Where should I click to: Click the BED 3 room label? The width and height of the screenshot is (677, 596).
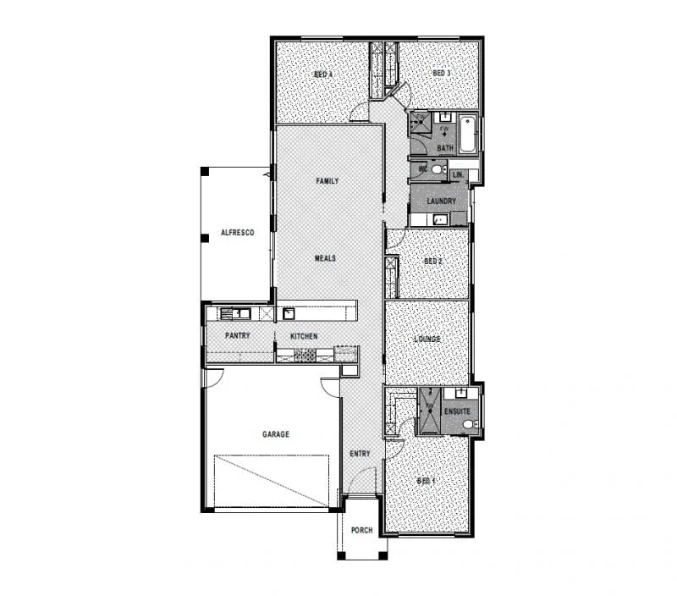441,74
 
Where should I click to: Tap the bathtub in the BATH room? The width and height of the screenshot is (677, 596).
468,133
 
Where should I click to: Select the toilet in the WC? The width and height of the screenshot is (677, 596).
437,169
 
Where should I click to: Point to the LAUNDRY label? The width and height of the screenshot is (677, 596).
442,201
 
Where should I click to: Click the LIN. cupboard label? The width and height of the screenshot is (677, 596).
458,174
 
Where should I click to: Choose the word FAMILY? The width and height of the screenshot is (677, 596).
327,181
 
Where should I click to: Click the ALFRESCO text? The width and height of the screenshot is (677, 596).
237,232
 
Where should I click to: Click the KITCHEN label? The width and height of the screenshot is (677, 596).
304,336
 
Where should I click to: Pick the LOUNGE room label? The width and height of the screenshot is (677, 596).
427,339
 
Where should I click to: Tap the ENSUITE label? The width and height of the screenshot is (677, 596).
457,412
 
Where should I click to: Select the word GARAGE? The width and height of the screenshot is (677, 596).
275,434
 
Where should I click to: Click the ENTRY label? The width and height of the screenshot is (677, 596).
360,454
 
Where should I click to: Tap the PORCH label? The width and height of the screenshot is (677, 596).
361,531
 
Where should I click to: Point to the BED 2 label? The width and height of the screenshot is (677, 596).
432,262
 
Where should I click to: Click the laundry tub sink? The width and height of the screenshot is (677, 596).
439,220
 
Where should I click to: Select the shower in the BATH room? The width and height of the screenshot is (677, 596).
421,124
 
